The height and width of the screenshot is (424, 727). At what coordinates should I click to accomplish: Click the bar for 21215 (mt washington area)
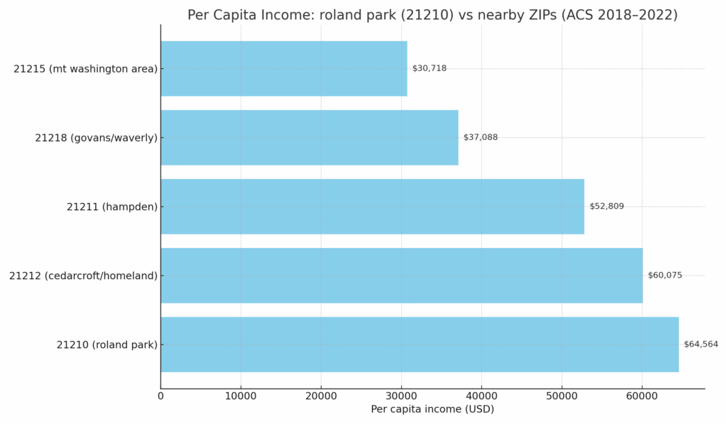284,68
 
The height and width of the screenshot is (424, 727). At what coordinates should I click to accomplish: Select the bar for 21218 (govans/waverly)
310,137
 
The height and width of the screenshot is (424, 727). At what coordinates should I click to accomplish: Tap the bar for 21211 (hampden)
372,207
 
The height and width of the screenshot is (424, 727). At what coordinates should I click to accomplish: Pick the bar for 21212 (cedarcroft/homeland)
401,276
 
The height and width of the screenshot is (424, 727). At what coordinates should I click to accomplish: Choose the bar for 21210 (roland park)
419,344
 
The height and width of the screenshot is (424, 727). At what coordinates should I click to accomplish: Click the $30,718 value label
430,68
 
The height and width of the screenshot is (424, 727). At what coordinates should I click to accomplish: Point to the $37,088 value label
481,137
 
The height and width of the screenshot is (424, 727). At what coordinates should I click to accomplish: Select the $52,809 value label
606,207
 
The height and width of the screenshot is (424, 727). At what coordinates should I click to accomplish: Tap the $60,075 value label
665,276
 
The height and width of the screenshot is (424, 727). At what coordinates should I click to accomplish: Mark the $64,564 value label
701,344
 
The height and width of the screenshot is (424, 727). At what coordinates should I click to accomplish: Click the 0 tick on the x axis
160,396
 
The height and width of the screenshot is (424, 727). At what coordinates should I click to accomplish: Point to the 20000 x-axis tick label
321,396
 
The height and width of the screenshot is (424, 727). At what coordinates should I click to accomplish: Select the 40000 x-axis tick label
481,396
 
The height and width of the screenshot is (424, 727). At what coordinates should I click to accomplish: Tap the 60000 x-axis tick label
642,396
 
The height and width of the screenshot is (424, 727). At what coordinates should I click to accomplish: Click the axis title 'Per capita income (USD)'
432,410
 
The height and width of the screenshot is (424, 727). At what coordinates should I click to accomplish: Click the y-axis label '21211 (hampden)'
112,207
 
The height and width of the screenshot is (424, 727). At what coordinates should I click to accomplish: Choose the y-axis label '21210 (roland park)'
107,344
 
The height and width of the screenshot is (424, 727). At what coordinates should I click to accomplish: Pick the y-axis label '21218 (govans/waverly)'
97,138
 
